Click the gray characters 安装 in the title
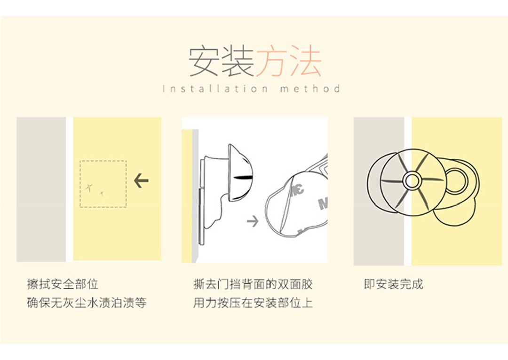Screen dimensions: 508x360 pyautogui.click(x=221, y=62)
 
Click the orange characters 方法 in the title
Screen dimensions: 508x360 pyautogui.click(x=288, y=62)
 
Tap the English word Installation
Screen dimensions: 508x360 pyautogui.click(x=215, y=88)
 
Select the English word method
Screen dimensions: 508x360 pyautogui.click(x=310, y=88)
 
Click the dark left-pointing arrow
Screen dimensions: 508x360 pyautogui.click(x=141, y=180)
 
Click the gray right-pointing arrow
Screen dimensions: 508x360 pyautogui.click(x=253, y=221)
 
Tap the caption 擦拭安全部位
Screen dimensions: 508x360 pyautogui.click(x=63, y=284)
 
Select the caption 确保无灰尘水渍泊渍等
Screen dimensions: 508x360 pyautogui.click(x=87, y=303)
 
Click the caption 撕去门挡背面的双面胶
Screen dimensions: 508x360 pyautogui.click(x=253, y=284)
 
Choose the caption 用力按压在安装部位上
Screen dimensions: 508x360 pyautogui.click(x=253, y=303)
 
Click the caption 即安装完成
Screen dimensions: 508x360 pyautogui.click(x=394, y=284)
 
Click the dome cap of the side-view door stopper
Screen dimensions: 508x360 pyautogui.click(x=240, y=173)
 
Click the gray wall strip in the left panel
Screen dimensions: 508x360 pyautogui.click(x=41, y=189)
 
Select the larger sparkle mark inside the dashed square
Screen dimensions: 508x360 pyautogui.click(x=89, y=188)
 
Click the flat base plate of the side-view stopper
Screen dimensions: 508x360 pyautogui.click(x=202, y=201)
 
